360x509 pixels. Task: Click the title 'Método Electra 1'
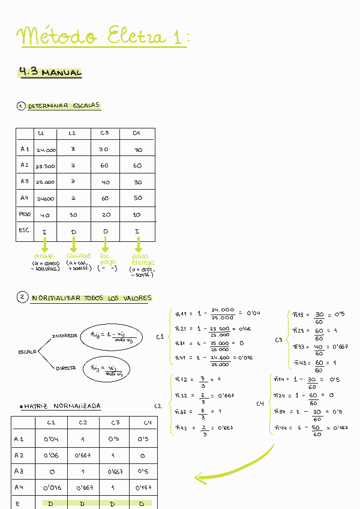[102, 35]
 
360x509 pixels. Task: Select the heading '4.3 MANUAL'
[50, 73]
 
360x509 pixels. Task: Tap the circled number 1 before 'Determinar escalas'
[21, 106]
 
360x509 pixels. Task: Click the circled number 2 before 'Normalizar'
[23, 298]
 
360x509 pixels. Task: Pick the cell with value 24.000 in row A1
[46, 150]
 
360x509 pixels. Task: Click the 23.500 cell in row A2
[46, 166]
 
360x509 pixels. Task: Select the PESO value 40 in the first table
[45, 215]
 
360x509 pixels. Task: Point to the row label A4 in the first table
[25, 197]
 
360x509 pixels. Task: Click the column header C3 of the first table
[104, 133]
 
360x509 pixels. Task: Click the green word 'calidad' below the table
[78, 256]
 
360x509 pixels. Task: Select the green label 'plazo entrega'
[143, 259]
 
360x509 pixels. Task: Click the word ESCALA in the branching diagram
[27, 351]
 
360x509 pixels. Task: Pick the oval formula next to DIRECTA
[110, 370]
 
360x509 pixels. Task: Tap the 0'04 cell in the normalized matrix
[50, 439]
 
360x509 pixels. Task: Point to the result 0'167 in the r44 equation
[341, 427]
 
